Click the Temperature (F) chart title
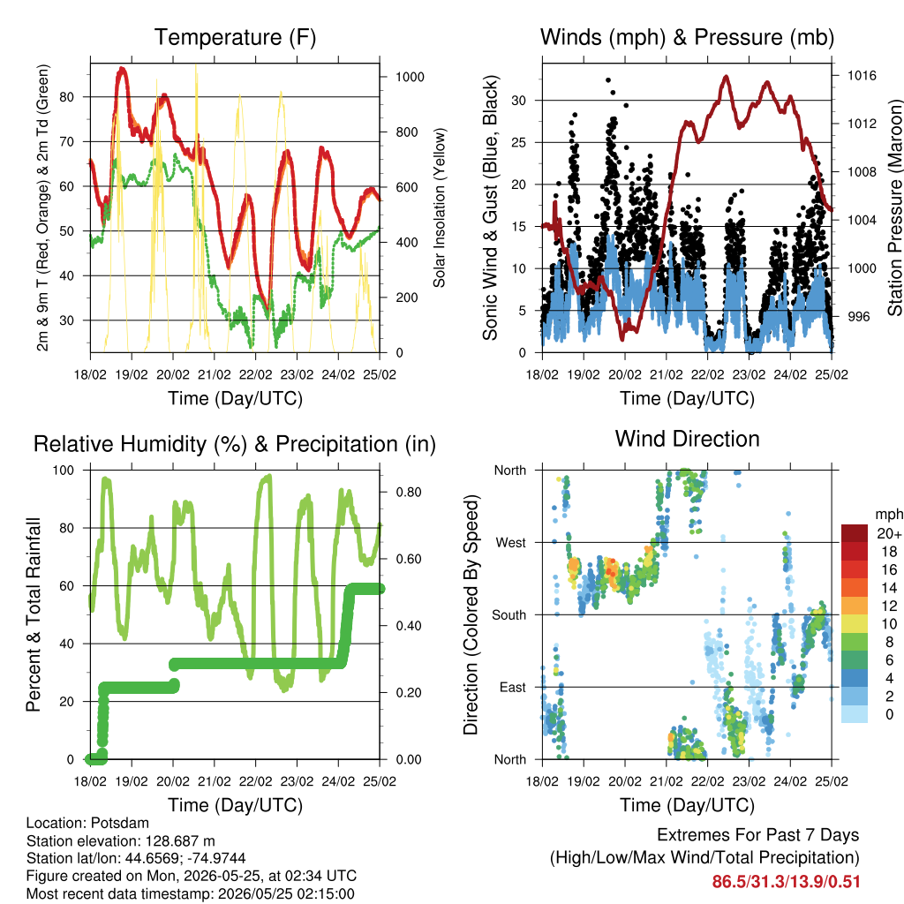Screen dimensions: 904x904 [x=235, y=37]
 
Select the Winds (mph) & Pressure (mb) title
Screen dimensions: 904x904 [x=687, y=37]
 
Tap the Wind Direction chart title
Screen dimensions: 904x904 [x=687, y=439]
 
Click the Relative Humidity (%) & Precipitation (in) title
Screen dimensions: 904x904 [x=235, y=445]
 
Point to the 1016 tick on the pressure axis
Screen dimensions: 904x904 [x=862, y=76]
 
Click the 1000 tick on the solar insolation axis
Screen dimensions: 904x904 [x=410, y=78]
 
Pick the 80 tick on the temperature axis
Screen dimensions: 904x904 [x=67, y=97]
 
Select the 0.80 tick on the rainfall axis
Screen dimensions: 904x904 [x=409, y=493]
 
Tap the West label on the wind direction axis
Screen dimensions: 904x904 [x=511, y=543]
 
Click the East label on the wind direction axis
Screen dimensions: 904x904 [x=513, y=687]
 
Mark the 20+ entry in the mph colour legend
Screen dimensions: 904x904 [x=889, y=534]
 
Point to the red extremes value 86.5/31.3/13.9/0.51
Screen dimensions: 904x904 [x=787, y=882]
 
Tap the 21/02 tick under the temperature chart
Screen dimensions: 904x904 [x=215, y=374]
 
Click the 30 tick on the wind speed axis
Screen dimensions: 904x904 [x=519, y=101]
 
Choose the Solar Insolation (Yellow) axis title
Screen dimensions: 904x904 [x=440, y=207]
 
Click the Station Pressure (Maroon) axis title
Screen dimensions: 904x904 [x=895, y=207]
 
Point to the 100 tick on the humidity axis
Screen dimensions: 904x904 [x=64, y=471]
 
